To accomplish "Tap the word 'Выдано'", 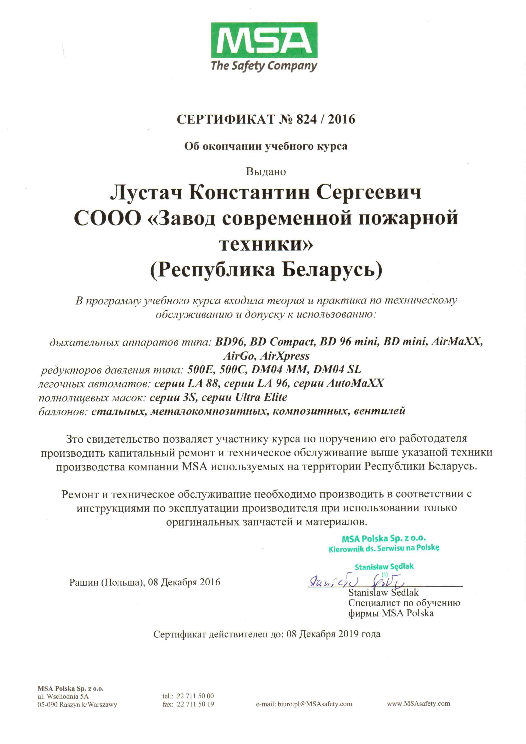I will [266, 171].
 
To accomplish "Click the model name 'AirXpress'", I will [285, 356].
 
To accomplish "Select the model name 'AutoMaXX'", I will [355, 383].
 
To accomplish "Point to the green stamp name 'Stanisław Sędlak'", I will [384, 567].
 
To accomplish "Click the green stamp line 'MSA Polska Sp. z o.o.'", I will [384, 538].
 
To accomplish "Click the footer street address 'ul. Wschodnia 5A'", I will [63, 696].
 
